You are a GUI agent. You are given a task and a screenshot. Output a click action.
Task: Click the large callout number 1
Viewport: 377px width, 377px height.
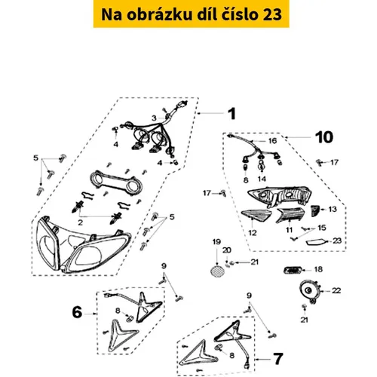232,114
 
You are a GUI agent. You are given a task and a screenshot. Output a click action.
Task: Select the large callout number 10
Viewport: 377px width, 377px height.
324,137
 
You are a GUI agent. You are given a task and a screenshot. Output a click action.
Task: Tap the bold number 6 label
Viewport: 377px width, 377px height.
77,312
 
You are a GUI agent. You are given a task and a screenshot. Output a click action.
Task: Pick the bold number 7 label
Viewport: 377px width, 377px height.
278,359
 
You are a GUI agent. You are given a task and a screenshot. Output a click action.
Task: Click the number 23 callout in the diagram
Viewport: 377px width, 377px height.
337,241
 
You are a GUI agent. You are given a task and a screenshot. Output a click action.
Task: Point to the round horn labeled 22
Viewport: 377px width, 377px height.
310,292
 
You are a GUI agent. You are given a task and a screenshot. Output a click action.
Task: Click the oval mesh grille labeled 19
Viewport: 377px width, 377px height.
217,271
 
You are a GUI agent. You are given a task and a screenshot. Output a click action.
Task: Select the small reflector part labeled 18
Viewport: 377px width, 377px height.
293,271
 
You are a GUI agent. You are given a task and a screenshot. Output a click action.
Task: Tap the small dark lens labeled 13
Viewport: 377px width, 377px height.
315,210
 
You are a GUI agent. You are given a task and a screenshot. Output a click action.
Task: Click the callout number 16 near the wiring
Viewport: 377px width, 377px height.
272,141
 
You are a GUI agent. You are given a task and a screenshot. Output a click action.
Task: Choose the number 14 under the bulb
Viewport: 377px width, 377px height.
262,179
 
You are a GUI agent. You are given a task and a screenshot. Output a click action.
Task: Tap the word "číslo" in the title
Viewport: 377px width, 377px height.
241,14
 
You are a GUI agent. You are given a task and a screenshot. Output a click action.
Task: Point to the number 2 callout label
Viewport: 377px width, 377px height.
80,222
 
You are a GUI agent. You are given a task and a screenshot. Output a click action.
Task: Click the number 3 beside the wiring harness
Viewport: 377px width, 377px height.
154,118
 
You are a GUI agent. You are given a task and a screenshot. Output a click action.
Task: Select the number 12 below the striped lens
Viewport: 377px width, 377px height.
253,233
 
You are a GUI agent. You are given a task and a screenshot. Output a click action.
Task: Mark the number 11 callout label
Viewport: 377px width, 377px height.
289,230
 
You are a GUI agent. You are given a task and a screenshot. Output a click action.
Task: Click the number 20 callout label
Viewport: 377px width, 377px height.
227,250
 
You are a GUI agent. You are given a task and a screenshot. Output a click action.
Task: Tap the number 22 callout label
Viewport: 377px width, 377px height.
336,290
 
